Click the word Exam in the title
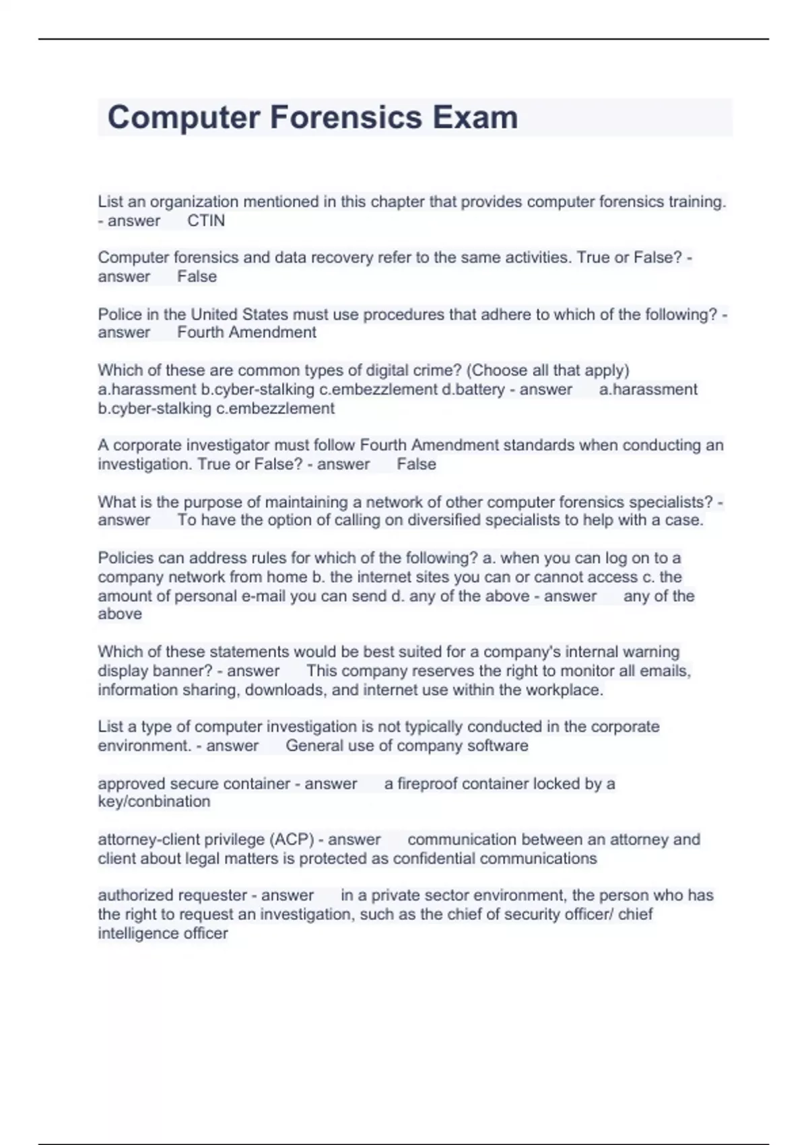coord(475,117)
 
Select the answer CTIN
coord(206,221)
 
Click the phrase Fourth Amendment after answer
coord(246,333)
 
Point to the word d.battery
coord(473,389)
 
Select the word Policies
coord(125,558)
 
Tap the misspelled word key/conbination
coord(154,802)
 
